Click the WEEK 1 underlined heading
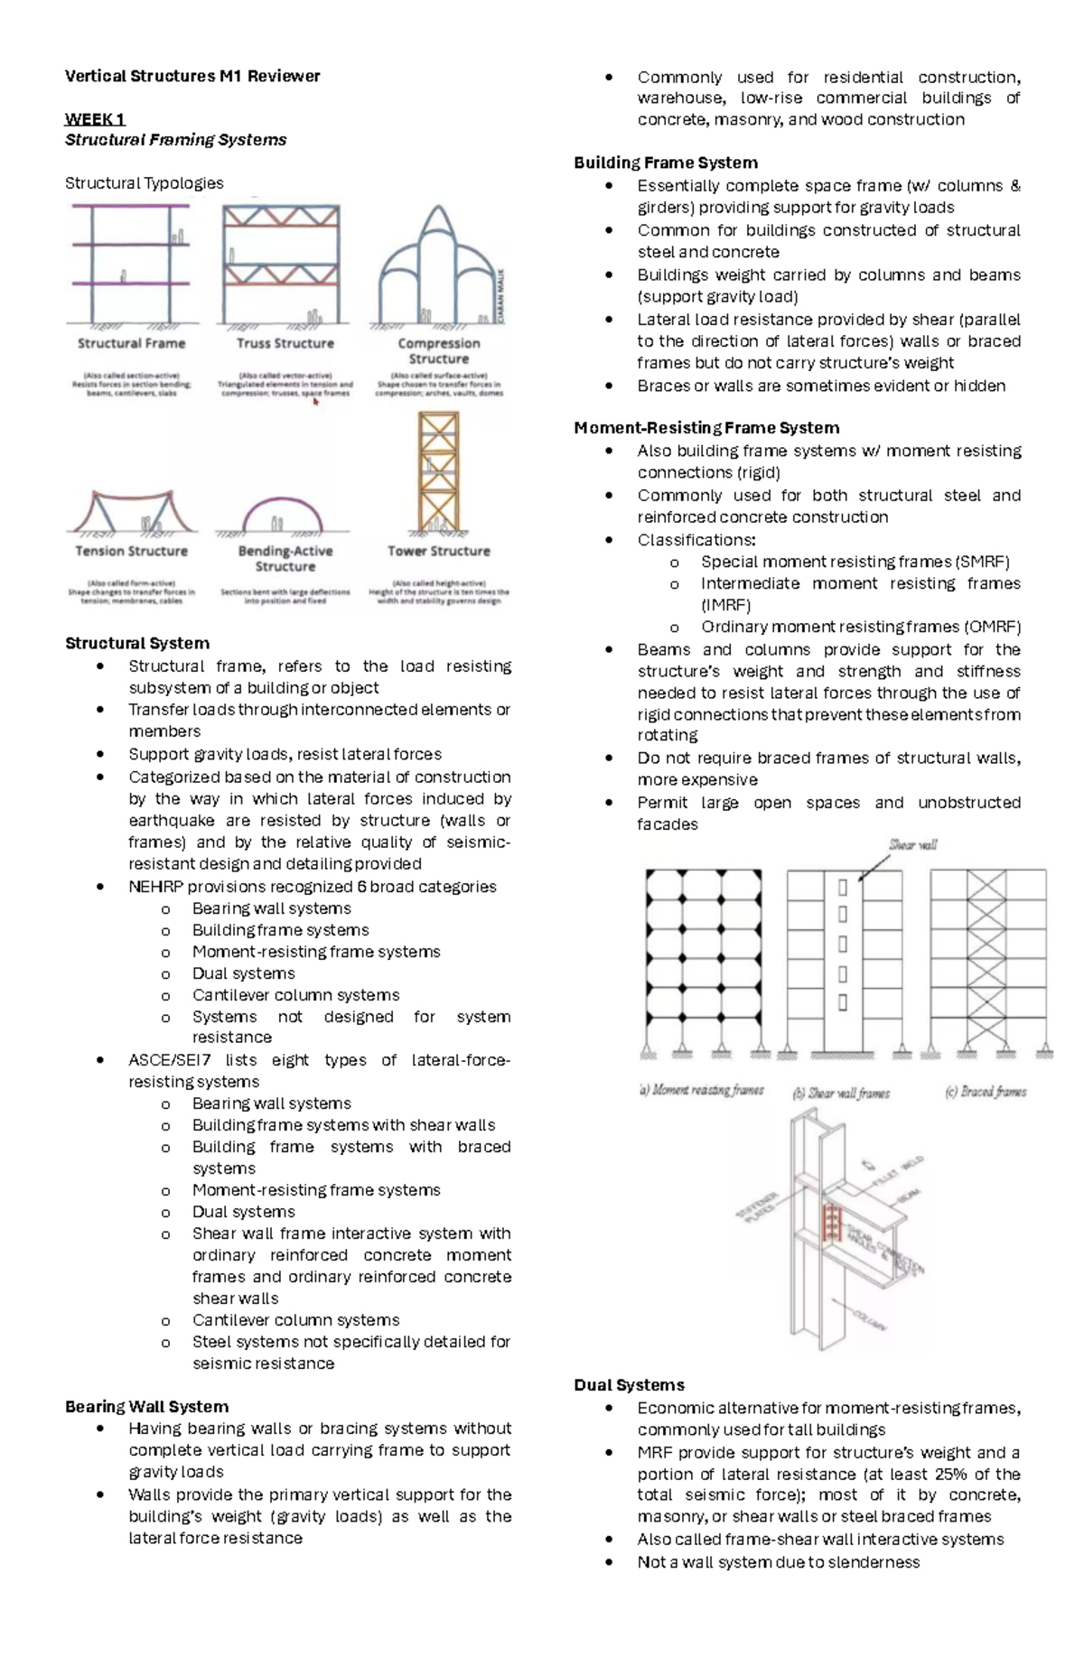pos(95,119)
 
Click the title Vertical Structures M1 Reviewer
pos(192,77)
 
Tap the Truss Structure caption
pos(285,343)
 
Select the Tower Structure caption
pos(439,551)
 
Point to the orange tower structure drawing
pos(438,473)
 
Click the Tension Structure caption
pos(132,551)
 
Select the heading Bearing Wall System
pos(146,1406)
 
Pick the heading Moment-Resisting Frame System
pos(706,428)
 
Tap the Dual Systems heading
pos(629,1385)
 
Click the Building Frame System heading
pos(666,163)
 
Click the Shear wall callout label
pos(912,845)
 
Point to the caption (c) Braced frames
pos(986,1092)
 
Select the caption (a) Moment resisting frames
pos(702,1091)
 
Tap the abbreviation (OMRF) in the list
pos(991,627)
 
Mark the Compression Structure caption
pos(439,350)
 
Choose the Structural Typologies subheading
pos(145,183)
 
